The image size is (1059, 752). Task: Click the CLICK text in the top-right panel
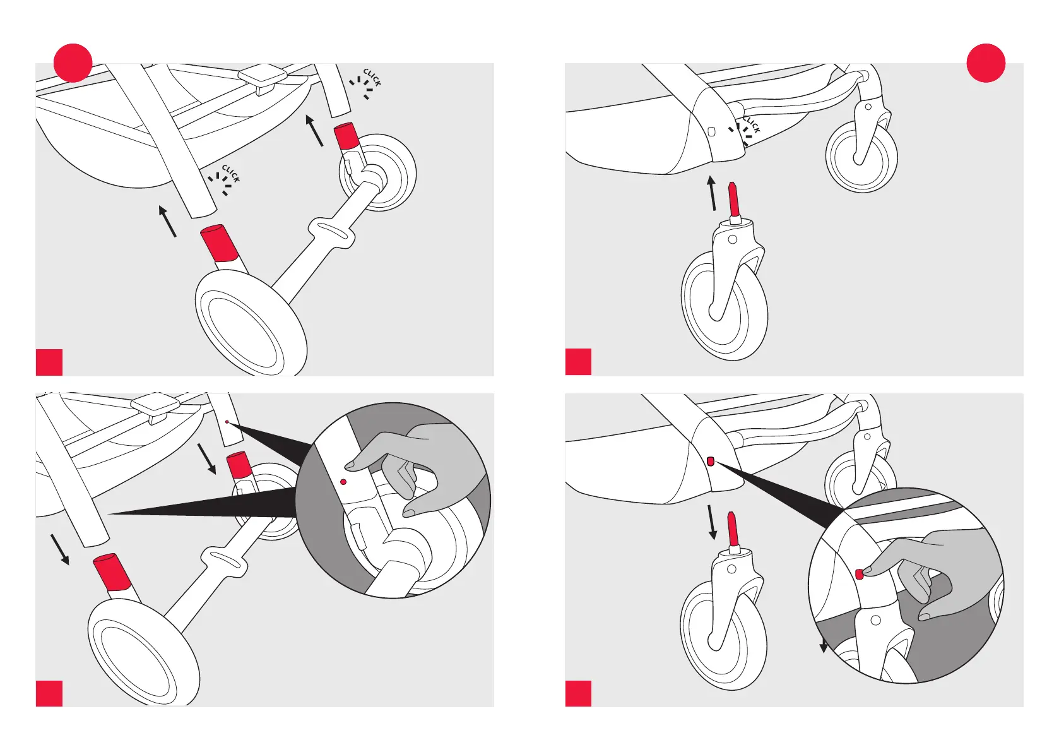(752, 124)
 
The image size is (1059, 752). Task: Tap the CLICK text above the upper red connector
(372, 78)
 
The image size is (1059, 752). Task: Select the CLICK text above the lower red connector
(231, 174)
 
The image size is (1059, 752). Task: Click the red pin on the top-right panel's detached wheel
(733, 200)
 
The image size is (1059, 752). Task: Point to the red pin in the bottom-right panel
(733, 529)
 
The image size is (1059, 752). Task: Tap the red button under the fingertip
(859, 574)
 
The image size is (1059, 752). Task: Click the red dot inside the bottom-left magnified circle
(343, 482)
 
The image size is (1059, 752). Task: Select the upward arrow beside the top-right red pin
(712, 193)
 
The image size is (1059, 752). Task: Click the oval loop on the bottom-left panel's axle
(223, 560)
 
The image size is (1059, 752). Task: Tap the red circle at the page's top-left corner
(73, 63)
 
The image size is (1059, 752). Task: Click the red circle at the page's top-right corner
(986, 63)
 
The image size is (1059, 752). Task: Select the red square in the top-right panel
(578, 362)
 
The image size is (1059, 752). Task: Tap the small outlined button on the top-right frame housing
(711, 132)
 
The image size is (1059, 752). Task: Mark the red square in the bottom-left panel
(49, 693)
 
